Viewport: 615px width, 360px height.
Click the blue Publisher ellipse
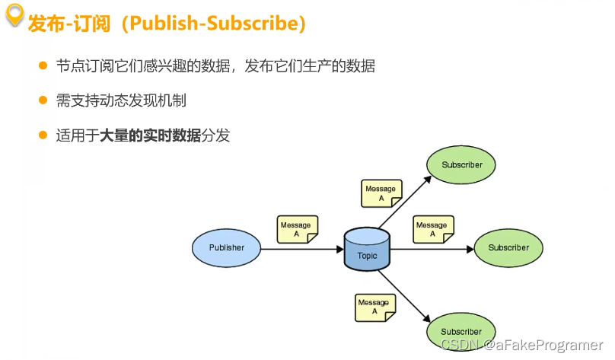tap(227, 247)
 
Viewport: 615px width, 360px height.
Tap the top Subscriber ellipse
tap(461, 164)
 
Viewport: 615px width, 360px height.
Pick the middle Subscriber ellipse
tap(508, 247)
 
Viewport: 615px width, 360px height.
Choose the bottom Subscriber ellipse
tap(461, 331)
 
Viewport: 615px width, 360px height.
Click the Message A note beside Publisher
tap(296, 229)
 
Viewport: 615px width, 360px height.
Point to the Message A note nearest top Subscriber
tap(381, 193)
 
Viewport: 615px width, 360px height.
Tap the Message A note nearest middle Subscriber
tap(432, 229)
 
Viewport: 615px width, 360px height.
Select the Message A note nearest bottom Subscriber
tap(374, 307)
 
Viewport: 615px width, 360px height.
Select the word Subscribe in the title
tap(252, 24)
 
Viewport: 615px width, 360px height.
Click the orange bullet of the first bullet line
tap(43, 65)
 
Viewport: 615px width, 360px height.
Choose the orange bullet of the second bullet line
tap(43, 100)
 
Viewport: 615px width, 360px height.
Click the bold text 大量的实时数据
tap(151, 136)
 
